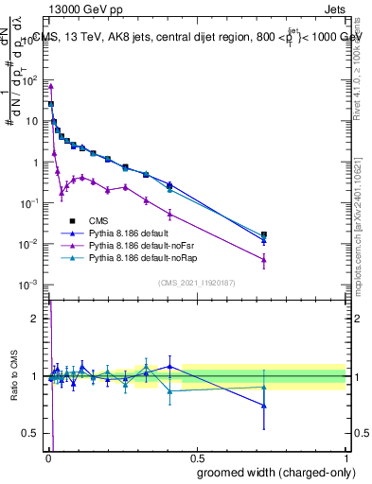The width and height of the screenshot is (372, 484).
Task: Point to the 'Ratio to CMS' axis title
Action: (x=14, y=376)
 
